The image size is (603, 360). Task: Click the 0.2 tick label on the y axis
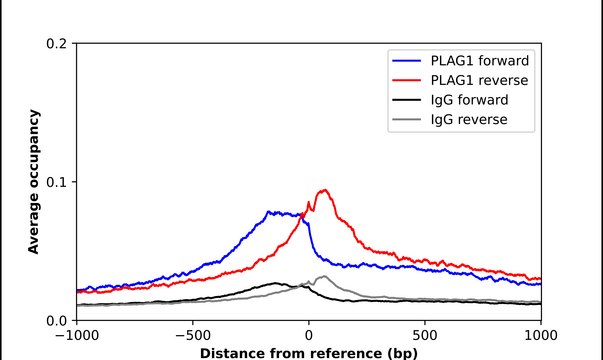pyautogui.click(x=57, y=44)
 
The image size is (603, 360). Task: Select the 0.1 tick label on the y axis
pyautogui.click(x=57, y=182)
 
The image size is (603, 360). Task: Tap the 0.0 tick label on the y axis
pyautogui.click(x=57, y=320)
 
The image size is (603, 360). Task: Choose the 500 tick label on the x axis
pyautogui.click(x=425, y=336)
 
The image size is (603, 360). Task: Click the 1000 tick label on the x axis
pyautogui.click(x=540, y=336)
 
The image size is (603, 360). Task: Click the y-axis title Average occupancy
pyautogui.click(x=33, y=182)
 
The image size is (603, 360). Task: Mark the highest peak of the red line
pyautogui.click(x=324, y=190)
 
